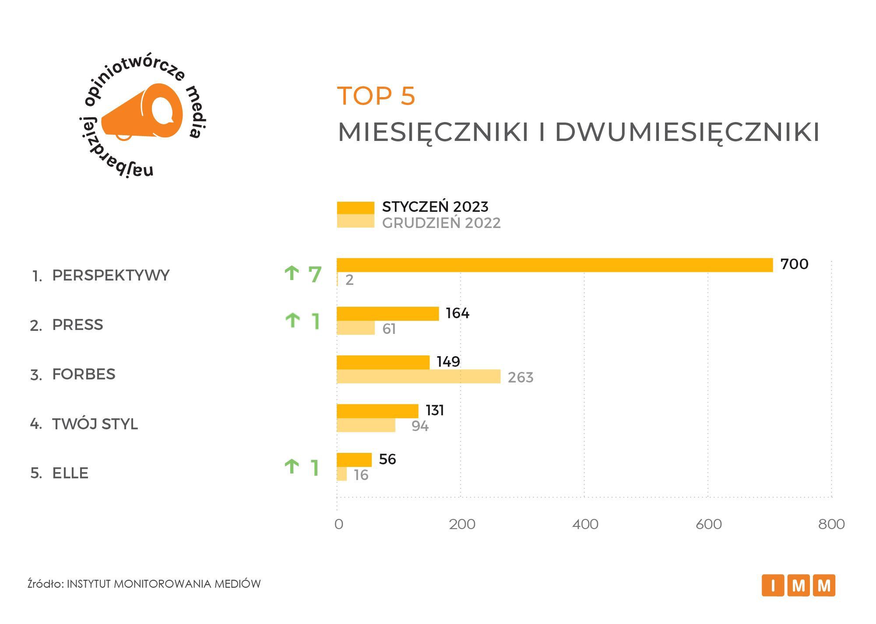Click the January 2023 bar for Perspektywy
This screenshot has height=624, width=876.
[554, 265]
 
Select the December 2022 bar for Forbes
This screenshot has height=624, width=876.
[418, 376]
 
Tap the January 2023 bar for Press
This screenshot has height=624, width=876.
[387, 314]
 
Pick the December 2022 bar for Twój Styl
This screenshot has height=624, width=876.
[366, 425]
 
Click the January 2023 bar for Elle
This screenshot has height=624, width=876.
[354, 459]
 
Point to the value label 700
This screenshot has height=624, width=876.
[794, 264]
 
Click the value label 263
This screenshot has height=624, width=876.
[520, 377]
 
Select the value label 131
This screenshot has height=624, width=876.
[435, 410]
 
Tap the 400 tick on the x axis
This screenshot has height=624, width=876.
[585, 524]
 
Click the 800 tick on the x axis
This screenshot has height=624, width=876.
[831, 524]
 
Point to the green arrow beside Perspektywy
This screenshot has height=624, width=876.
[292, 273]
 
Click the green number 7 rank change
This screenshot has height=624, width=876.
[315, 274]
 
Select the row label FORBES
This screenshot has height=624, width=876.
[84, 375]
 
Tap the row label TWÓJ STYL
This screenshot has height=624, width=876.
[95, 424]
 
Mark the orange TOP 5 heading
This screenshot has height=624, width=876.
[376, 96]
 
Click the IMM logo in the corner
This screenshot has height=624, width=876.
[798, 585]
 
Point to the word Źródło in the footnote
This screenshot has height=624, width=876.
[45, 584]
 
